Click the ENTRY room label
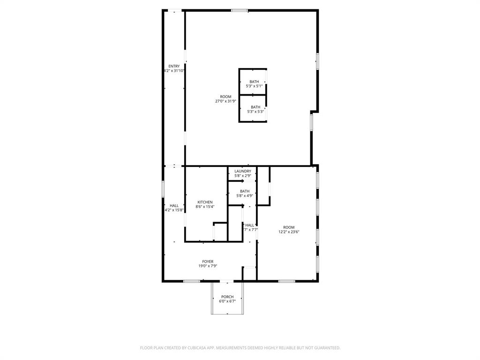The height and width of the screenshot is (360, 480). [x=174, y=66]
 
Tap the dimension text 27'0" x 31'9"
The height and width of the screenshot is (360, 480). [x=225, y=101]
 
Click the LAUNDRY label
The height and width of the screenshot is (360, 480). [x=243, y=171]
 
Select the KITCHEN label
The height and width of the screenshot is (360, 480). [x=205, y=202]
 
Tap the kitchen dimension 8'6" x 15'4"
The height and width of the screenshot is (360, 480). [x=205, y=207]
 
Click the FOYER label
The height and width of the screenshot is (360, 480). [x=208, y=262]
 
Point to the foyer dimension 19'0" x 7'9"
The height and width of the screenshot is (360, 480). [x=208, y=266]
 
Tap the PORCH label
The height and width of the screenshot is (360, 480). [x=227, y=297]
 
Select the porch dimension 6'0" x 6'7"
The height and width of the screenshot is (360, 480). [x=227, y=301]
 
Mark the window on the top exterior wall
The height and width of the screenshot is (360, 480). [x=240, y=10]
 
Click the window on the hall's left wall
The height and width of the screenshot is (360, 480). [x=163, y=189]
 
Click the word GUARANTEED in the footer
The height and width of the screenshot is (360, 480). [x=325, y=348]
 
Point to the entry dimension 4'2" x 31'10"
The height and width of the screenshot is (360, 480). [x=174, y=71]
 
